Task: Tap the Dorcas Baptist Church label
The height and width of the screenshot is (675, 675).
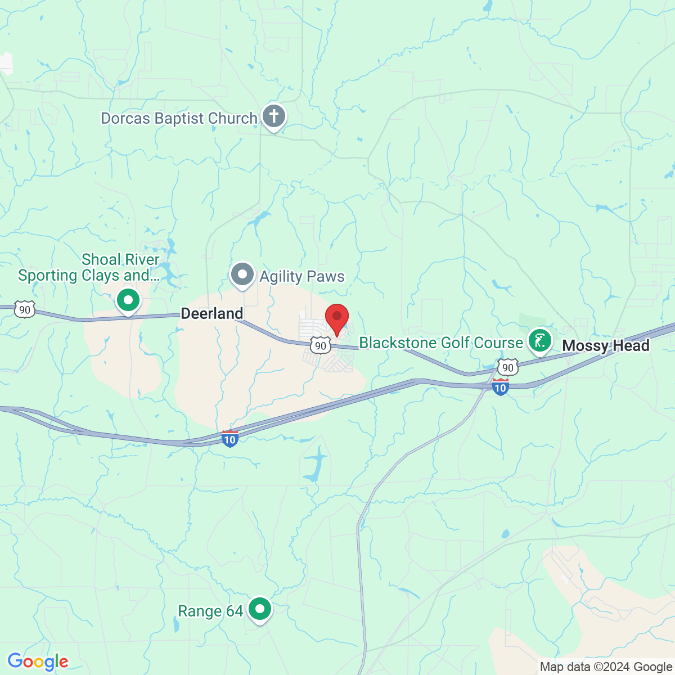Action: pos(179,119)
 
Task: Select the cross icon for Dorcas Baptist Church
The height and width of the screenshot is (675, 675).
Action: pos(274,117)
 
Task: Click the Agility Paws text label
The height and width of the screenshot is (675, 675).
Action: pos(302,276)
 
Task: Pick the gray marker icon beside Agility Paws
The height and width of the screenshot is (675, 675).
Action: pos(242,275)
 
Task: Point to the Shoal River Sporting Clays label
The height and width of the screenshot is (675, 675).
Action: pos(89,268)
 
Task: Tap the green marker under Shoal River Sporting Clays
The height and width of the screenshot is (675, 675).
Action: pos(128,300)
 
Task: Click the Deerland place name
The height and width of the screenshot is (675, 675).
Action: pos(212,313)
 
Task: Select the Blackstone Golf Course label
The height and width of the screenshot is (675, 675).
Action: pos(441,343)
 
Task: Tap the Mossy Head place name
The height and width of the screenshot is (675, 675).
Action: pos(606,345)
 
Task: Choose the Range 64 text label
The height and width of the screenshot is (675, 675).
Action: pos(210,611)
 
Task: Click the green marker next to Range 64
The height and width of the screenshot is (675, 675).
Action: pos(259,609)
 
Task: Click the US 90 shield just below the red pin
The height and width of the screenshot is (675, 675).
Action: pos(321,345)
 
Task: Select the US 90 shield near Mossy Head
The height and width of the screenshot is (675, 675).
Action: pos(508,367)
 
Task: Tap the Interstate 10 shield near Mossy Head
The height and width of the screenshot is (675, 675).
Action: pos(500,387)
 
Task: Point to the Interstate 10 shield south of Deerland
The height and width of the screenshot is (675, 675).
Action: pos(229,439)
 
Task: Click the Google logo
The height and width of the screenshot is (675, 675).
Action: pos(38,662)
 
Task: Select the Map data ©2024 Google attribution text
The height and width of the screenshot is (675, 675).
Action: pos(606,667)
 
